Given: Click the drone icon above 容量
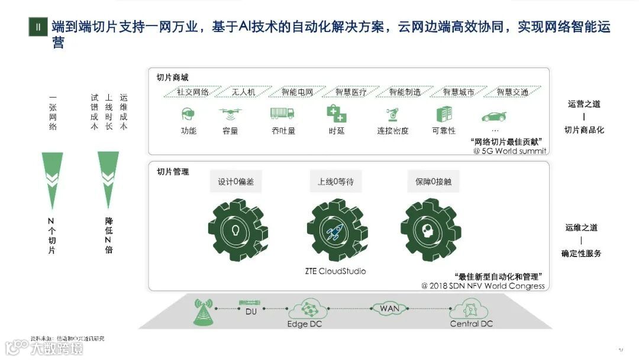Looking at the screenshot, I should (x=229, y=112).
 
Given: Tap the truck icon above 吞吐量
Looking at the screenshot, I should (x=282, y=112).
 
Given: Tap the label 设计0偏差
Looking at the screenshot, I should (x=235, y=182).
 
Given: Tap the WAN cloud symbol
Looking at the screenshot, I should (x=389, y=308).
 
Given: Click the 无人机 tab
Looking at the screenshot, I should (x=243, y=92).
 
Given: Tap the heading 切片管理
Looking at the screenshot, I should (x=173, y=172).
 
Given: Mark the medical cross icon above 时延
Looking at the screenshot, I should (x=336, y=112).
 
